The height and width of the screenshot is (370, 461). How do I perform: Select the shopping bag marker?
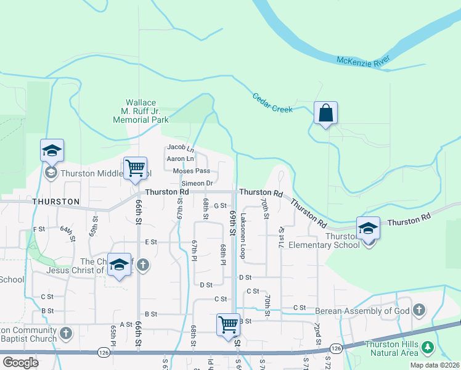(x=325, y=114)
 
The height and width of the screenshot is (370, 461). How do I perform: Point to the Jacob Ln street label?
(x=181, y=147)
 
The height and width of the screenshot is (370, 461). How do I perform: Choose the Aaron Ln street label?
(x=181, y=159)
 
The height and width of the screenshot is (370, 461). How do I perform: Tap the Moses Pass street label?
(x=192, y=171)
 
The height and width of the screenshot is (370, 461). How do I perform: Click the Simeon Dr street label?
(x=197, y=183)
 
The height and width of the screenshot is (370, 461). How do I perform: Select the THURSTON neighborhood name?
(x=56, y=202)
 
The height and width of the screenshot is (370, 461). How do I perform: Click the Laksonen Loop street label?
(x=243, y=236)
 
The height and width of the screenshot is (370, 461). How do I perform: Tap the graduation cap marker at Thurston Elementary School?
(x=367, y=229)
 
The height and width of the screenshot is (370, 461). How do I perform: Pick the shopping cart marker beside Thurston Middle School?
(x=135, y=168)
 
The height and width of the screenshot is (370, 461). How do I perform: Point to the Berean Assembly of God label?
(x=362, y=311)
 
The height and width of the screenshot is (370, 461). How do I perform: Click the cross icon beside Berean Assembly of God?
(x=419, y=310)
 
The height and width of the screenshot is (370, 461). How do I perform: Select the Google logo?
(x=20, y=362)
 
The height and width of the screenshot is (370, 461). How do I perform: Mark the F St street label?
(x=39, y=229)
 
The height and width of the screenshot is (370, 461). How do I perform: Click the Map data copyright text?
(x=434, y=365)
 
